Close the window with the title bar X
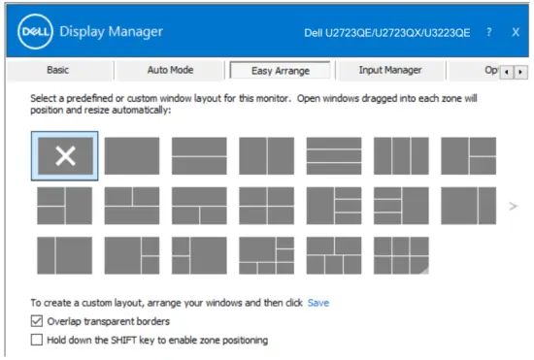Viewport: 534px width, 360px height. (516, 32)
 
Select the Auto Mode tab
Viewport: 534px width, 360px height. (170, 70)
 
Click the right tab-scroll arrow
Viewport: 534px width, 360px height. (521, 72)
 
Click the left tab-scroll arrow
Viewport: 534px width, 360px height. (509, 72)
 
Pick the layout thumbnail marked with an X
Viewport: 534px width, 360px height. (64, 156)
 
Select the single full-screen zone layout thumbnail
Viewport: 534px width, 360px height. (131, 156)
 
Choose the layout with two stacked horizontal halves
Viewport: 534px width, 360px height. (199, 156)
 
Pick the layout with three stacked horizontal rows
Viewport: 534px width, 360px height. (333, 156)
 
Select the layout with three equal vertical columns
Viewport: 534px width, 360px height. (401, 156)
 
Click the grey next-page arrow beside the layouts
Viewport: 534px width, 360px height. (514, 206)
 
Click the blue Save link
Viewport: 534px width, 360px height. (318, 303)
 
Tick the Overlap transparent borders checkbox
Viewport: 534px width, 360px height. (37, 321)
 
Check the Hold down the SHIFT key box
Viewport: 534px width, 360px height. (37, 341)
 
